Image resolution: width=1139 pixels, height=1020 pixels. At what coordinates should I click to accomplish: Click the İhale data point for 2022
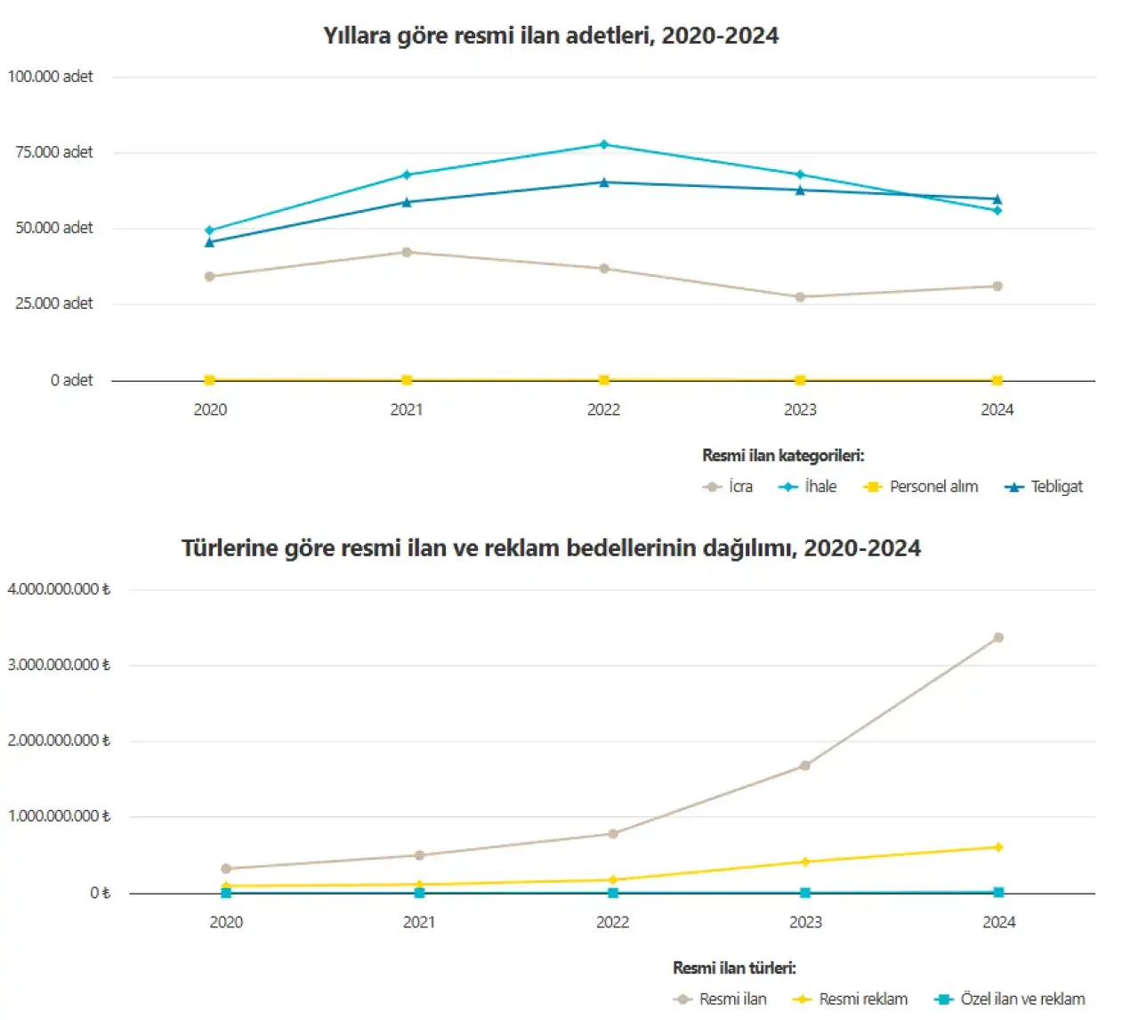pos(604,144)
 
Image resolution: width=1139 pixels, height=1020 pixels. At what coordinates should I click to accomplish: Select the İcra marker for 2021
pos(407,252)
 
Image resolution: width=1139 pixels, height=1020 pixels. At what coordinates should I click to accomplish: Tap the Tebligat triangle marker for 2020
pos(210,241)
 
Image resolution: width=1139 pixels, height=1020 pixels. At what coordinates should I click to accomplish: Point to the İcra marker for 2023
pos(800,296)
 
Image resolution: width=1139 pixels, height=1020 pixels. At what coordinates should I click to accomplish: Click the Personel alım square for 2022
pos(604,380)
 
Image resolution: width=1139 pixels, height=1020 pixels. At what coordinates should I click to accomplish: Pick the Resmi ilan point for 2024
pos(998,637)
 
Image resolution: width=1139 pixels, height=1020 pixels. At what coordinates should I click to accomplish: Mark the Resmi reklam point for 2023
pos(805,862)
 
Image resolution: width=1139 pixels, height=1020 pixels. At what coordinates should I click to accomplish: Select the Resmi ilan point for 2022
pos(613,834)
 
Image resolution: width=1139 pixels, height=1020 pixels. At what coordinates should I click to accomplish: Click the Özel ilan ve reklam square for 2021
pos(419,893)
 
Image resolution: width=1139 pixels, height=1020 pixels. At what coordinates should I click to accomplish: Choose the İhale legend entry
pos(808,487)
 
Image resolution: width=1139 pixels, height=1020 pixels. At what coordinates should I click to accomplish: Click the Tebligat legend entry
pos(1044,487)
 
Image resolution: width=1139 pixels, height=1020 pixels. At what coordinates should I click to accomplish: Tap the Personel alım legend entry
pos(921,487)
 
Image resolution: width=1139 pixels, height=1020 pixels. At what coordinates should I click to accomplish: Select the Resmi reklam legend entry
pos(851,999)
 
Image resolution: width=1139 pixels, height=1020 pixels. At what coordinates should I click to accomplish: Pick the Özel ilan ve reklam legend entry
pos(1010,999)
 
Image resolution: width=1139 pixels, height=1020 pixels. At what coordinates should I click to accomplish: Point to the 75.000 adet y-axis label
pos(53,152)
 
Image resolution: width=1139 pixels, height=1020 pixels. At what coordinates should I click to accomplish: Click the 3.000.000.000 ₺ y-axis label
pos(59,665)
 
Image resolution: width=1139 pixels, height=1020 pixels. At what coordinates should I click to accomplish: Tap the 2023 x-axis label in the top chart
pos(800,409)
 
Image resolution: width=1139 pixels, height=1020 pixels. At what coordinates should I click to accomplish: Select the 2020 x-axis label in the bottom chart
pos(226,922)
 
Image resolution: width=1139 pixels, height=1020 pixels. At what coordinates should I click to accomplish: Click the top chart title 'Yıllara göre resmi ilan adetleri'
pos(551,36)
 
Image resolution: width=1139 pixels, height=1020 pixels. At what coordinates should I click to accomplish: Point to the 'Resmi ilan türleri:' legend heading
pos(734,967)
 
